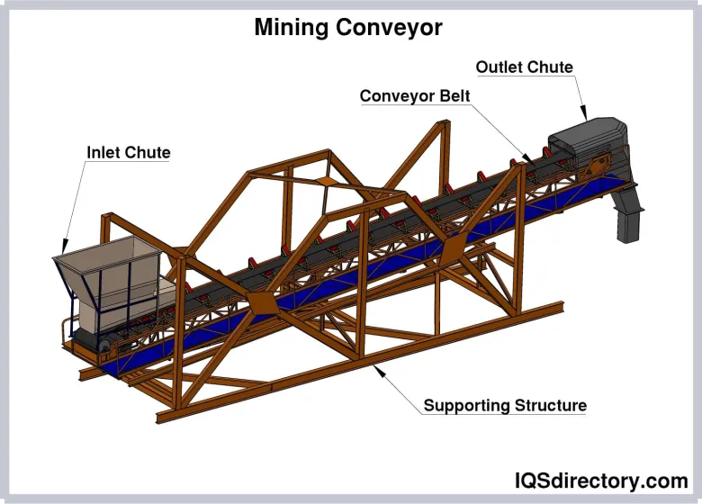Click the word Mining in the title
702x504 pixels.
click(291, 28)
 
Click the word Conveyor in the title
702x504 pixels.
click(389, 28)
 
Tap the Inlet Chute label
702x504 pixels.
click(128, 152)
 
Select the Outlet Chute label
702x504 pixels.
click(524, 67)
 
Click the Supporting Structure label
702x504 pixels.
click(505, 406)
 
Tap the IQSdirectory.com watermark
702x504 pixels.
click(600, 480)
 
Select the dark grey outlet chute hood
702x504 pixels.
click(585, 139)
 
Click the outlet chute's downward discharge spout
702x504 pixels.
click(627, 220)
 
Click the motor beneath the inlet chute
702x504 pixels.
click(99, 339)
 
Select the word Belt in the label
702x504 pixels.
click(453, 96)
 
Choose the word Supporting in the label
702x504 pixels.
click(465, 406)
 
